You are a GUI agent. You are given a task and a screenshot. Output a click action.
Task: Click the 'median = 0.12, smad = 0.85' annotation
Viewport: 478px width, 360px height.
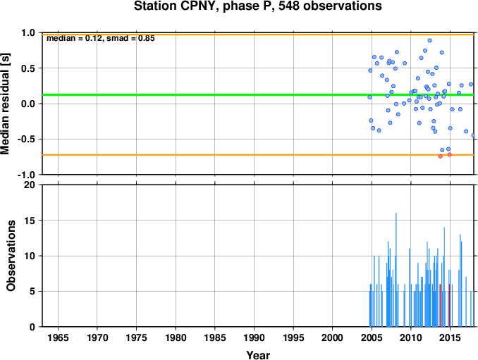click(101, 38)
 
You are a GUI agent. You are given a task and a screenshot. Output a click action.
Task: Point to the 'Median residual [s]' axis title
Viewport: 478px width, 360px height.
click(5, 104)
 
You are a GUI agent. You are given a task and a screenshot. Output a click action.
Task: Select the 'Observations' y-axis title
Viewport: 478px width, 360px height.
click(11, 256)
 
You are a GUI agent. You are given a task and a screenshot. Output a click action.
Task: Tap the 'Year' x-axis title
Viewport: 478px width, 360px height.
click(258, 355)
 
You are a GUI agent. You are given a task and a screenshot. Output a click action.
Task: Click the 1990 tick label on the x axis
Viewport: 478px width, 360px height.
click(254, 337)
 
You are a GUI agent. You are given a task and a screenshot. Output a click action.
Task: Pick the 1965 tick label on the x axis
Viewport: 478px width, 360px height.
click(58, 337)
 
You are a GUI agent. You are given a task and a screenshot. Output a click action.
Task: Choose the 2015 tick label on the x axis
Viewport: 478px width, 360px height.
click(450, 337)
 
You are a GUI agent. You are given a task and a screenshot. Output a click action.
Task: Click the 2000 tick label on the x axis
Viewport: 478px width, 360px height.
click(332, 337)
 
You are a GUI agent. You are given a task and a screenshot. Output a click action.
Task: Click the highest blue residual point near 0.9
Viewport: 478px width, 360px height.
click(430, 40)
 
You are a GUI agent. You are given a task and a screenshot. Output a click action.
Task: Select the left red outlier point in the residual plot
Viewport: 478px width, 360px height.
click(440, 156)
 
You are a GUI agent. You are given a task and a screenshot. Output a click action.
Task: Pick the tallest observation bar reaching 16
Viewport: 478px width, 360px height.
click(396, 270)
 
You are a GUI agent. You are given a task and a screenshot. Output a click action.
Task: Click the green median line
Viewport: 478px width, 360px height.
click(258, 94)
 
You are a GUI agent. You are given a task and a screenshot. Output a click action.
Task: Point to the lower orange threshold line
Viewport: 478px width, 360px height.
click(258, 155)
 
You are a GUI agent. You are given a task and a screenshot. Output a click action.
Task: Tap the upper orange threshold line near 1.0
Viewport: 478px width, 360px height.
click(258, 35)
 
